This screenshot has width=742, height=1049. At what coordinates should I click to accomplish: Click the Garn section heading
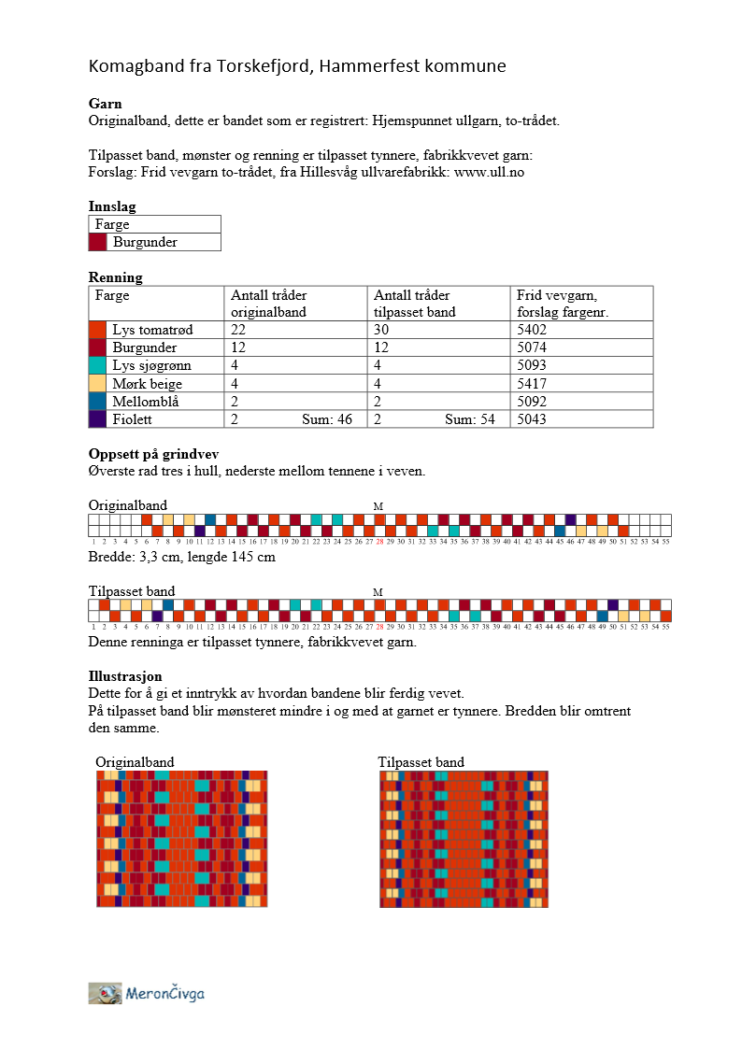coord(105,104)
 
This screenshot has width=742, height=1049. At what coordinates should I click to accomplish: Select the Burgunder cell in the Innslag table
coord(145,242)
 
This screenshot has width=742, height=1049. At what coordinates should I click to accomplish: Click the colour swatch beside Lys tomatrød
coord(98,330)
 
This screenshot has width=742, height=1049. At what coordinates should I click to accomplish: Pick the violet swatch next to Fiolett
coord(98,419)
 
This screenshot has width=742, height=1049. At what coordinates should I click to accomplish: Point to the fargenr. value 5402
coord(532,330)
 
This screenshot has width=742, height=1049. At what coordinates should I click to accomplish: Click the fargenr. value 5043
coord(532,419)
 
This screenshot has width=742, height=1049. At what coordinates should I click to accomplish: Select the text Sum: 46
coord(327,419)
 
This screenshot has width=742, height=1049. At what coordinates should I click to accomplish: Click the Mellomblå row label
coord(146,402)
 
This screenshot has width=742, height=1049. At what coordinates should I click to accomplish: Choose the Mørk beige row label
coord(147,384)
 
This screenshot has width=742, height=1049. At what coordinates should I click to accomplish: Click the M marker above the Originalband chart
coord(378,506)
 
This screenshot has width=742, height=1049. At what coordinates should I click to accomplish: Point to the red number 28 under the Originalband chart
coord(379,541)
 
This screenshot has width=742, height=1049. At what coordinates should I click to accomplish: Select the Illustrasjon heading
coord(126,675)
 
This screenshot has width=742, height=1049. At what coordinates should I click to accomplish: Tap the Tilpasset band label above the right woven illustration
coord(421,762)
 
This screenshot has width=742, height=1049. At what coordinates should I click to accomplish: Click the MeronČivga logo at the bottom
coord(147,993)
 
